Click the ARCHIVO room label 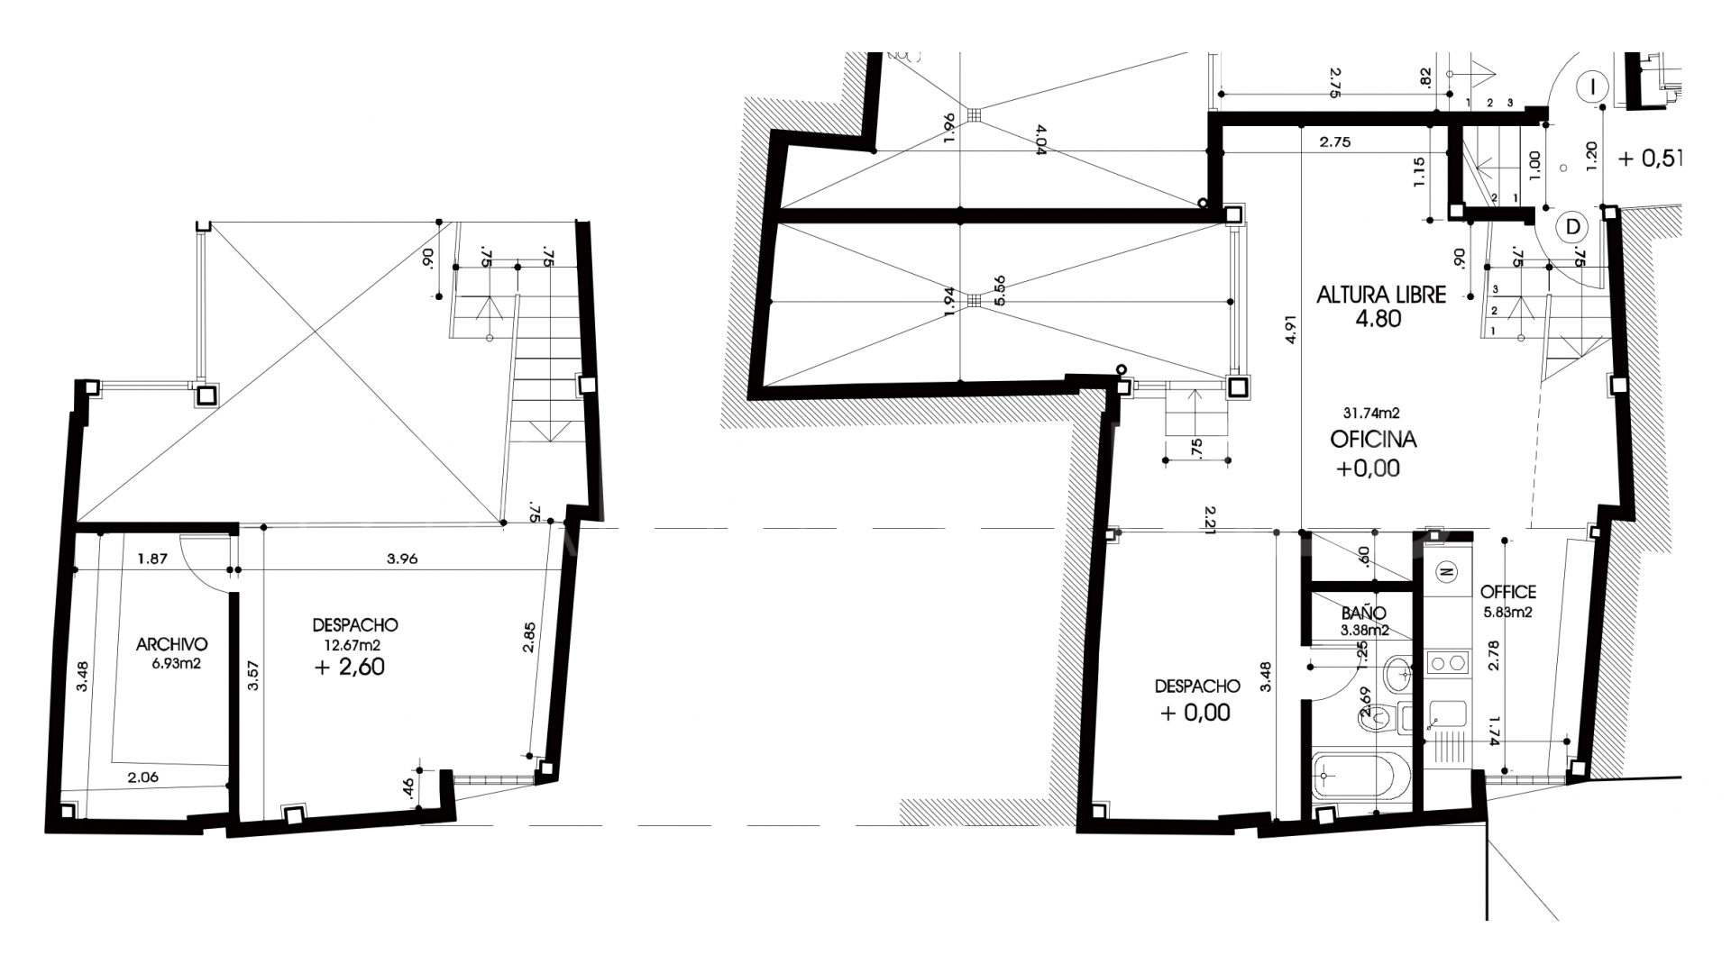tap(171, 644)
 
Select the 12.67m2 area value tap(353, 644)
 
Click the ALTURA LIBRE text tap(1381, 295)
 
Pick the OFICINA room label tap(1373, 440)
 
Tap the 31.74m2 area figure tap(1370, 414)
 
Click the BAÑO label tap(1363, 613)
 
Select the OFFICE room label tap(1507, 592)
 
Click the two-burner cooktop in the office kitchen tap(1447, 665)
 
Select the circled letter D tap(1573, 227)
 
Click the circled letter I tap(1594, 87)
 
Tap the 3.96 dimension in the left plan tap(402, 559)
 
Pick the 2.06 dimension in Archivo tap(144, 777)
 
